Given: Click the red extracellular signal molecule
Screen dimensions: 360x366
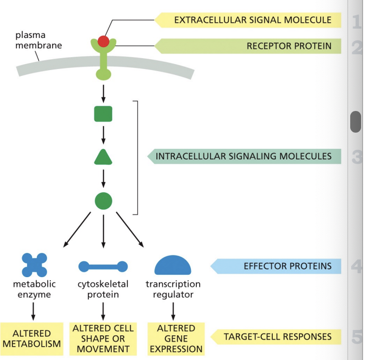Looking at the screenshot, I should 103,41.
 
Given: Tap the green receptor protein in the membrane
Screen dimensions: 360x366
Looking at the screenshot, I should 103,62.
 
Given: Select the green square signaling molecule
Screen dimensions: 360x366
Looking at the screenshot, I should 103,114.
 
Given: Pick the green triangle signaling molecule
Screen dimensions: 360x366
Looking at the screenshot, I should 103,157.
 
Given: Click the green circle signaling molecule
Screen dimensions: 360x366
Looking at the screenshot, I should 103,201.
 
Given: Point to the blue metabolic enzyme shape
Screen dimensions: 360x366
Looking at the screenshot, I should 35,265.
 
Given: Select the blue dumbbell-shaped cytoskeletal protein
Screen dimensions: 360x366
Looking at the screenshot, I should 103,267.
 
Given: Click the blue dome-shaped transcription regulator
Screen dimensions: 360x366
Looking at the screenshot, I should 173,266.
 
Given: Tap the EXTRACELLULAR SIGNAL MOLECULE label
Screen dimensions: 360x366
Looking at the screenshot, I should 252,20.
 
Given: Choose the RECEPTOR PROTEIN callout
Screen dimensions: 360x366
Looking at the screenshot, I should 252,46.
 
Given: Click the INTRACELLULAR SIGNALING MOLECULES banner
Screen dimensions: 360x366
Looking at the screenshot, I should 244,156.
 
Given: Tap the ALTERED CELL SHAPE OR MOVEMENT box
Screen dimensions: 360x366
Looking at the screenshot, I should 103,339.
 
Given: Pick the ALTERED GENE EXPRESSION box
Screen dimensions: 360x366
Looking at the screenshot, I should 176,339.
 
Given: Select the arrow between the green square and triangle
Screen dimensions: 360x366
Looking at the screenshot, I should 103,135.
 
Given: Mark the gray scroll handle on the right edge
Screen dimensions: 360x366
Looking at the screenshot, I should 356,122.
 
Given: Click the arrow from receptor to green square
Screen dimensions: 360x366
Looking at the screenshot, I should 103,92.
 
